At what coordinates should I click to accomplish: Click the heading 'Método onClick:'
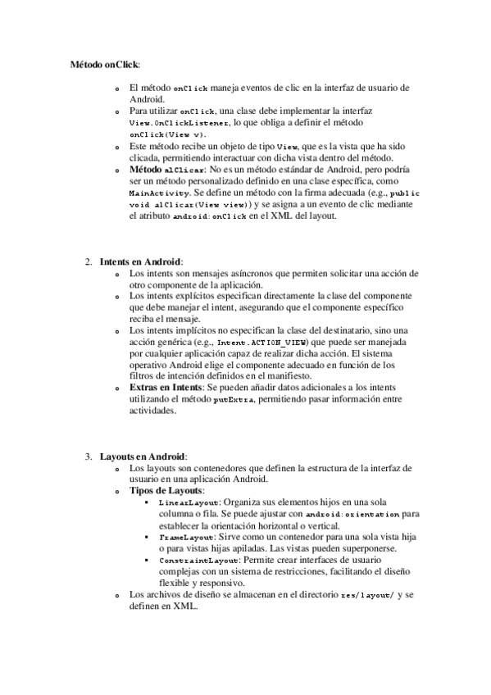[104, 63]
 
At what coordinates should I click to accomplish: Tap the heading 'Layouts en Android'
[143, 456]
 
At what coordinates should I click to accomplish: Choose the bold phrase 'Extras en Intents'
[164, 387]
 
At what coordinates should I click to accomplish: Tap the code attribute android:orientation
[348, 514]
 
